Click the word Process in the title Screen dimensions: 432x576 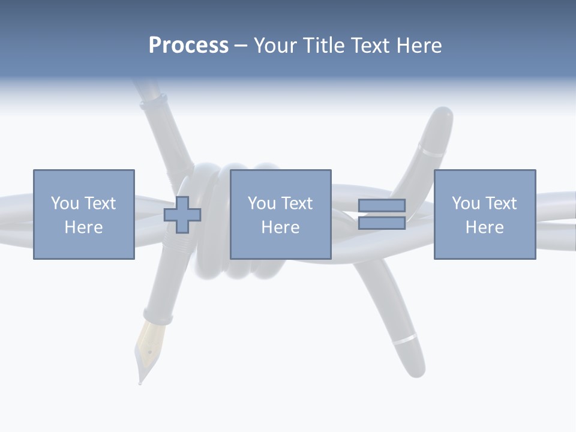tap(188, 46)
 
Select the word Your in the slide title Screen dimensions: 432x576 tap(278, 46)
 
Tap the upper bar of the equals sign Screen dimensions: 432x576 tap(382, 205)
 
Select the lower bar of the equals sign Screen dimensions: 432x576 tap(382, 223)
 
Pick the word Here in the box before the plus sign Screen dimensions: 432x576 tap(83, 227)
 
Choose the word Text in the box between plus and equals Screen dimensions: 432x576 tap(296, 203)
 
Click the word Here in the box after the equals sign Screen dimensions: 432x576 tap(484, 227)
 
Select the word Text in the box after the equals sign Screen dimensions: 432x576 tap(500, 203)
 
